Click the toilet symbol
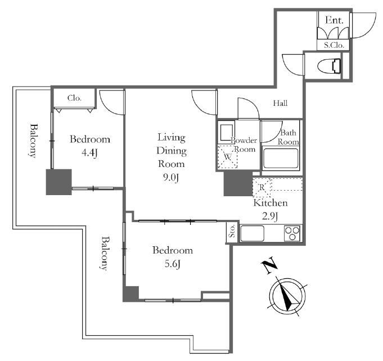pos(329,66)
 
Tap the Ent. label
pos(334,20)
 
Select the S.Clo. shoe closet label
pos(334,45)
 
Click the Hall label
pos(280,103)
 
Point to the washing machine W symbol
pos(227,156)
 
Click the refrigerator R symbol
pos(262,188)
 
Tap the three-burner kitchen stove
pos(292,233)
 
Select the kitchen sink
pos(253,233)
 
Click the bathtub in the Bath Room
pos(281,158)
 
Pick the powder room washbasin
pos(227,132)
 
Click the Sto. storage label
pos(232,231)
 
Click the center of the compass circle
pos(287,296)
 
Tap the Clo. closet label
pos(74,98)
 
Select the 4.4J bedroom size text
pos(89,153)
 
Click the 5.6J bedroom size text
pos(173,264)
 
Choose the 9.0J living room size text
pos(171,178)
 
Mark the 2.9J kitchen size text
pos(270,216)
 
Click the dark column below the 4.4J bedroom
pos(59,182)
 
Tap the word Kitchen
pos(270,203)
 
